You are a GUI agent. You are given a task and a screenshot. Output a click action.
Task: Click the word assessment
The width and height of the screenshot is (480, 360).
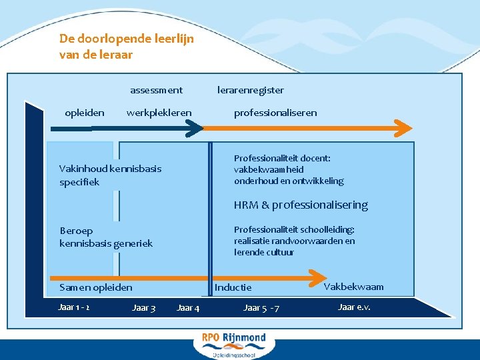156,90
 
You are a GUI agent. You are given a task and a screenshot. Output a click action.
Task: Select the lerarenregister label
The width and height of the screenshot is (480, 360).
251,90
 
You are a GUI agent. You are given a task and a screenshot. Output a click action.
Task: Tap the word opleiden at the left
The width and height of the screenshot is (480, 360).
84,113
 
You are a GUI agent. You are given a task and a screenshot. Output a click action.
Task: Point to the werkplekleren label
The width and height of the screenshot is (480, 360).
159,113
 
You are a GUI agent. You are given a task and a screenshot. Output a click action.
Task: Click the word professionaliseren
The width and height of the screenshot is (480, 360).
275,113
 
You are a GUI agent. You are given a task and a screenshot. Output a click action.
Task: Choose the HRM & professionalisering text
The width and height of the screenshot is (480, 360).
301,205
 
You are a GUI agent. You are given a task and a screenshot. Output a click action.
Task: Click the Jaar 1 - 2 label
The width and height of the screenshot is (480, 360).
75,307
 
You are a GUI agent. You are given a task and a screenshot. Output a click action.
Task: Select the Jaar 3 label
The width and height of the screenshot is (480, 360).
144,307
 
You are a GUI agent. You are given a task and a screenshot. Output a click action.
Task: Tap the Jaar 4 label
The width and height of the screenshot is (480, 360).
187,307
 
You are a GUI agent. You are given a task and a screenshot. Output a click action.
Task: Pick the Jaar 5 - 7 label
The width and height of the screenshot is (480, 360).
261,307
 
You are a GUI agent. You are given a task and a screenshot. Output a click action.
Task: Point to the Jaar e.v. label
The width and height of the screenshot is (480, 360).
354,307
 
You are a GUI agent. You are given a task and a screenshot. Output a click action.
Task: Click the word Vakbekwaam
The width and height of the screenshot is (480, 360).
353,287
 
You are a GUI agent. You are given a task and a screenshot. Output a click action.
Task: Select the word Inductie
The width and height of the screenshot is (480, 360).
233,287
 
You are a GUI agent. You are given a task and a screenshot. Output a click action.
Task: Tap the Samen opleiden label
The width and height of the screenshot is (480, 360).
96,287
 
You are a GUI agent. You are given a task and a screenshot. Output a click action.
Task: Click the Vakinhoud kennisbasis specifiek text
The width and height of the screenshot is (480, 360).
110,175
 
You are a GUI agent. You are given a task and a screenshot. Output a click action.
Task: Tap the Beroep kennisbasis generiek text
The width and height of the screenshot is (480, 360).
105,237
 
